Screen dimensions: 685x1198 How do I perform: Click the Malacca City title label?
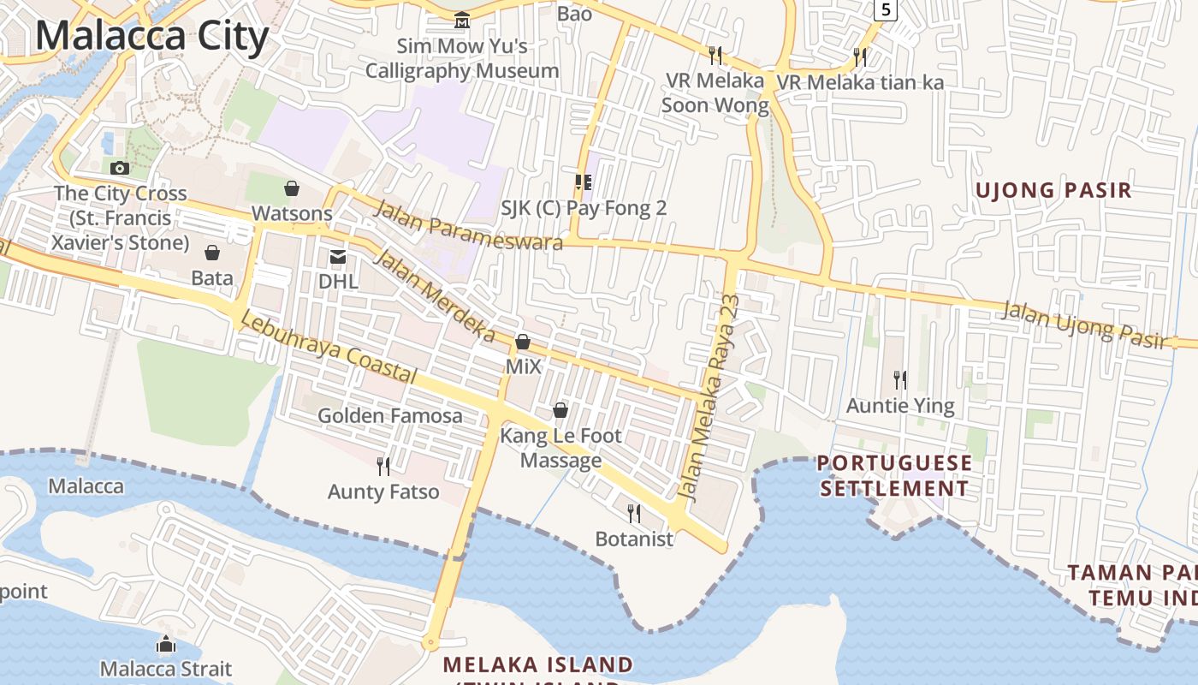(152, 36)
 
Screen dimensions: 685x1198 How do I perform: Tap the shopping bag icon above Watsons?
(292, 188)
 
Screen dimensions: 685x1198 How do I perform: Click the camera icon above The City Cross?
(120, 168)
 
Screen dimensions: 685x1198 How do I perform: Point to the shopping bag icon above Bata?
(211, 253)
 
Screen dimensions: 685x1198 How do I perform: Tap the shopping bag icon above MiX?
(522, 342)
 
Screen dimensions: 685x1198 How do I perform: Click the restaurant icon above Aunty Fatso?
(383, 466)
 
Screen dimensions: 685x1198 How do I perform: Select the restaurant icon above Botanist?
(634, 513)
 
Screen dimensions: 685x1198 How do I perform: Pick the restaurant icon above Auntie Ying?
(900, 379)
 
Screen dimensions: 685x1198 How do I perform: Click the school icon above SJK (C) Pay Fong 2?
(584, 182)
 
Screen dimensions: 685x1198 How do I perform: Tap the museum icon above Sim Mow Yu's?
(462, 20)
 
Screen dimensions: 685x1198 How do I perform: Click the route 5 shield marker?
(884, 10)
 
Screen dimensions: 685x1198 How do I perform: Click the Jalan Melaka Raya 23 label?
(708, 398)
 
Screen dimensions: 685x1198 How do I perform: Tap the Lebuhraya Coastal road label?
(329, 348)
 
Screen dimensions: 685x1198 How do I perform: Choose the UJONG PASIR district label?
(1054, 190)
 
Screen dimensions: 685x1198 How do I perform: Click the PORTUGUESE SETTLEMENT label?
(895, 476)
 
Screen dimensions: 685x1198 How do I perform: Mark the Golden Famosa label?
(390, 416)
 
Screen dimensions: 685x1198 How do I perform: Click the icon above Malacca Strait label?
(166, 644)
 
